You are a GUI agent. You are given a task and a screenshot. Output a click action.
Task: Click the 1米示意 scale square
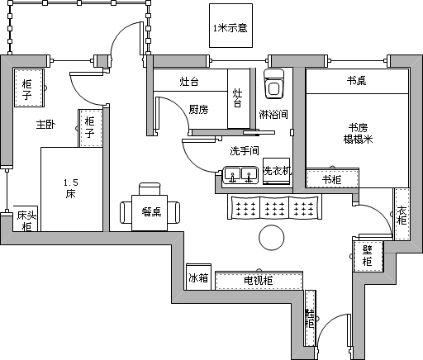coord(231,26)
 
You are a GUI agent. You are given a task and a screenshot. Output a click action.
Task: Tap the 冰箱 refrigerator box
coord(198,277)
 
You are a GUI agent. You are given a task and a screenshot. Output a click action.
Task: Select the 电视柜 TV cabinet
coord(259,281)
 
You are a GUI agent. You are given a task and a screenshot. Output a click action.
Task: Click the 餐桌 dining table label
coord(151,212)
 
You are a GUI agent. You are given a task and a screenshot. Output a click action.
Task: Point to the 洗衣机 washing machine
coord(277,171)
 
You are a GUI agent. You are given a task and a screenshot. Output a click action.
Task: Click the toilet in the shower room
coord(274,84)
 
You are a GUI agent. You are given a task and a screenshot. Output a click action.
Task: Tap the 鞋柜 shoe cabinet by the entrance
coord(310,318)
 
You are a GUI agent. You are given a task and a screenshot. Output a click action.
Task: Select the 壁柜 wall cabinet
coord(368,256)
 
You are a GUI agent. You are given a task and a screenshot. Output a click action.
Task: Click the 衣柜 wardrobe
coord(402,214)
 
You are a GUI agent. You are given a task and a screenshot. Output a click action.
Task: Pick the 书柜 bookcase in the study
coord(332,178)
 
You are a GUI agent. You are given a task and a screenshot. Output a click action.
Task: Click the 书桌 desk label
coord(357,81)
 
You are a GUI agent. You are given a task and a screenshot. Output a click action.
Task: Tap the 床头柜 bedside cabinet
coord(26,219)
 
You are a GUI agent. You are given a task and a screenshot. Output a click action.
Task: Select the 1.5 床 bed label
coord(71,188)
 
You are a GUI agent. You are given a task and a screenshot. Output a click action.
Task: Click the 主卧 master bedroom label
coord(45,125)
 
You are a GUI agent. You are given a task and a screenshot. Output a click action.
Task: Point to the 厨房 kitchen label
coord(198,109)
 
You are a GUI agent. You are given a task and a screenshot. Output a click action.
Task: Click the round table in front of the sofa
coord(272,238)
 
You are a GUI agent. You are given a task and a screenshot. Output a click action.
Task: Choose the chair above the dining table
coord(150,189)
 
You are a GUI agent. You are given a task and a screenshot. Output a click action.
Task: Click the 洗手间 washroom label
coord(245,150)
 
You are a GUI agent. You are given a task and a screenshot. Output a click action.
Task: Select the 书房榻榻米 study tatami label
coord(358,134)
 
